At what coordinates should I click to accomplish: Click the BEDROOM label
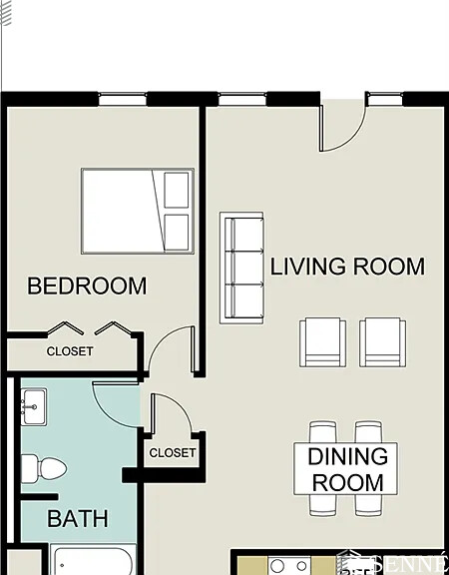coord(87,287)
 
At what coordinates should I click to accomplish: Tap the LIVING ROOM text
coord(347,268)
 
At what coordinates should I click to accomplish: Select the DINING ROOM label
coord(346,470)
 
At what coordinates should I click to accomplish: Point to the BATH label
coord(78,519)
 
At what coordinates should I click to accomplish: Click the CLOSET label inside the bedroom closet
coord(70,351)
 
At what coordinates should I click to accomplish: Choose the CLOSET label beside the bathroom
coord(173,453)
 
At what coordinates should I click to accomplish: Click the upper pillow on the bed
coord(177,190)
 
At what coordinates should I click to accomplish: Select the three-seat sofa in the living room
coord(241,268)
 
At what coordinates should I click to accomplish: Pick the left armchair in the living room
coord(323,342)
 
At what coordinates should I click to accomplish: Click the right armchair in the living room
coord(382,342)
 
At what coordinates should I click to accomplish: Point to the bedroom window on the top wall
coord(122,98)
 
